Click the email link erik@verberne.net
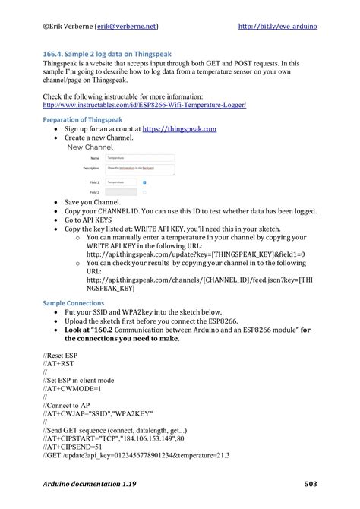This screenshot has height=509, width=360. pos(126,26)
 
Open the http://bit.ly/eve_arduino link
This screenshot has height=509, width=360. pos(277,26)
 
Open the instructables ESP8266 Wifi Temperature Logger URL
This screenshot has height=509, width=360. pos(144,105)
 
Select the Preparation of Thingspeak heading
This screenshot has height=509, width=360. pos(84,119)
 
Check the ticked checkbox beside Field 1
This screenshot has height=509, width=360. pos(144,182)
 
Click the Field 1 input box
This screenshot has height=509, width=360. pos(122,182)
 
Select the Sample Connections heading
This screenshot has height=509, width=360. pos(74,302)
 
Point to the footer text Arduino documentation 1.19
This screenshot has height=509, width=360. pos(92,484)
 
